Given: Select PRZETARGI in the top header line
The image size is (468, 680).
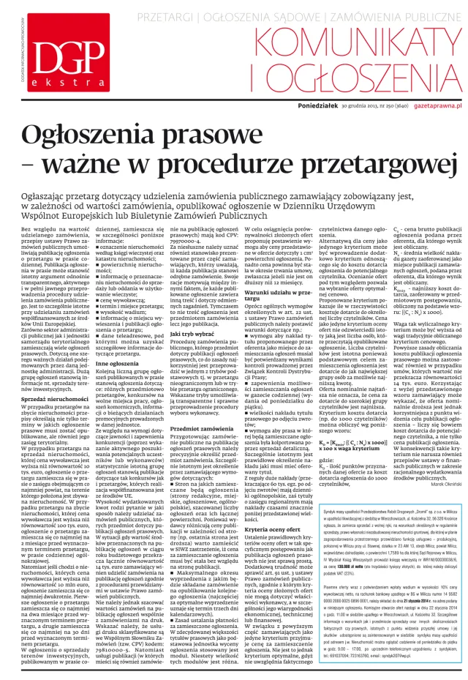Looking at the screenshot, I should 189,15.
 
